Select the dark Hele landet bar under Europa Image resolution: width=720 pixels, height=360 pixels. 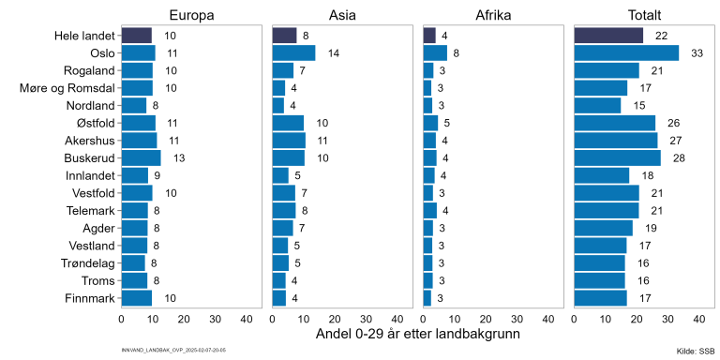(136, 36)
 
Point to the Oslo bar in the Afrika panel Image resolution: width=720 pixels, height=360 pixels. (435, 53)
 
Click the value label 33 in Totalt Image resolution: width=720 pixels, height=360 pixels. (697, 53)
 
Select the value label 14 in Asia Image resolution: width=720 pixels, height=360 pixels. (333, 53)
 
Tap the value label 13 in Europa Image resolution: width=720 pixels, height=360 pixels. (178, 157)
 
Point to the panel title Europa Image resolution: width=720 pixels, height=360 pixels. (191, 14)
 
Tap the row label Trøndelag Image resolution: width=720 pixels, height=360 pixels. (87, 262)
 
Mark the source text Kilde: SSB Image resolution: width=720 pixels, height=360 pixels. (695, 351)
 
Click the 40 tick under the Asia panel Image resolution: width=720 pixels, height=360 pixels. (397, 319)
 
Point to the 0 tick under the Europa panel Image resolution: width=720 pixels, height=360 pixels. (122, 319)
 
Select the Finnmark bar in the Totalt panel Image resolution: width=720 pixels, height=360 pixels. (600, 297)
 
